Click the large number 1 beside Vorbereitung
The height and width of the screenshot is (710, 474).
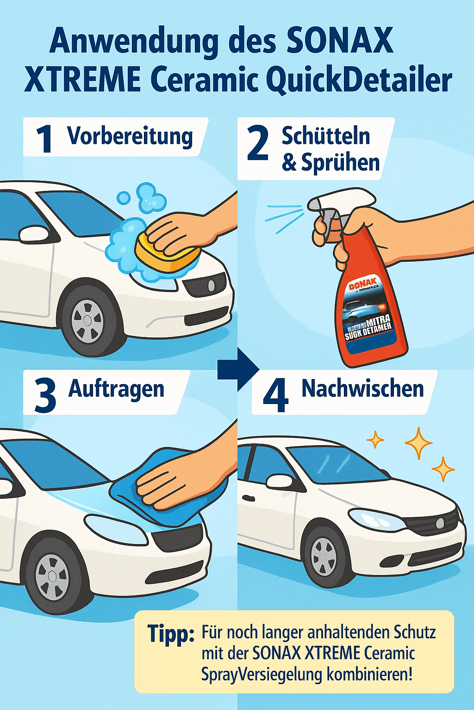[x=45, y=139]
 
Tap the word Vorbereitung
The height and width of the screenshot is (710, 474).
[x=130, y=136]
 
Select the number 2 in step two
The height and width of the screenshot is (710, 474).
[x=258, y=144]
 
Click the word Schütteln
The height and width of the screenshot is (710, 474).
[x=326, y=136]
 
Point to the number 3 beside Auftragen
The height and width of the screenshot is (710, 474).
[x=45, y=396]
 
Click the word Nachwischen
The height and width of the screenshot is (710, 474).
[x=362, y=389]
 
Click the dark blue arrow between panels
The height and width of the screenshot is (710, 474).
[x=238, y=369]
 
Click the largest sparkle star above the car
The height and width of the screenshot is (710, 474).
[x=418, y=443]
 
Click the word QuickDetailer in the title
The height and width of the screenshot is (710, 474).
[x=359, y=80]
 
